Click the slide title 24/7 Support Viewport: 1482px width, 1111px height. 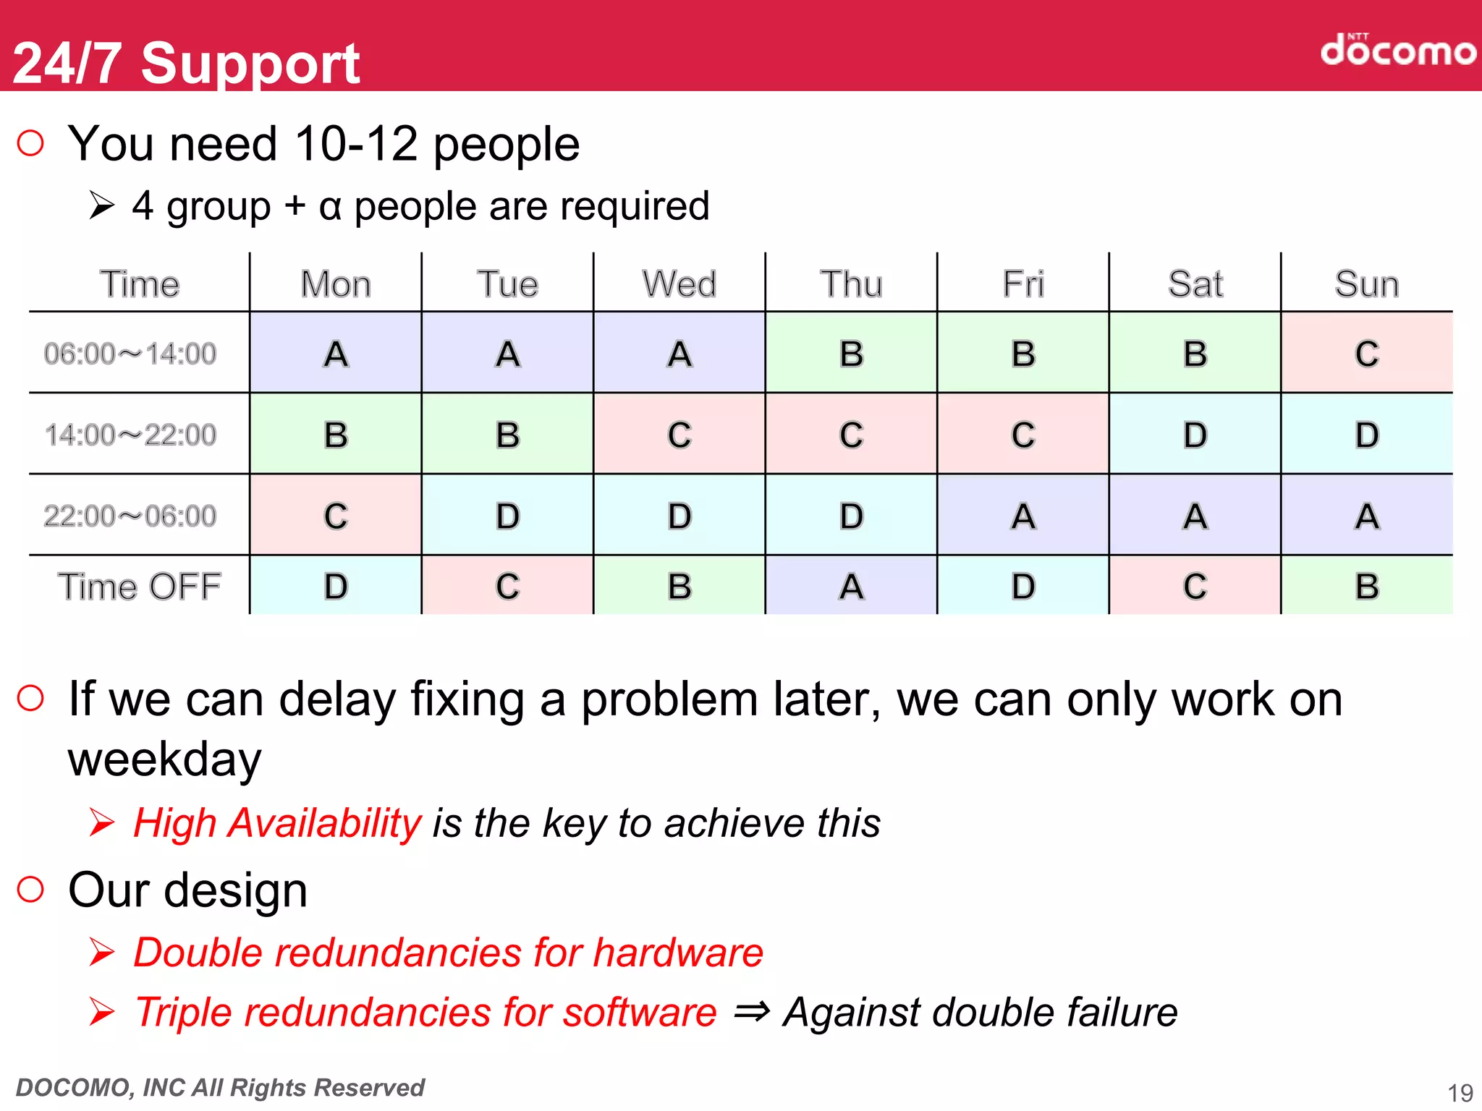click(x=186, y=64)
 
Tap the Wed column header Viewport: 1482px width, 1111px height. click(x=679, y=284)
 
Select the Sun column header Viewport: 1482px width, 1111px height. click(x=1366, y=284)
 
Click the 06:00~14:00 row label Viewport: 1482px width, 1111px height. click(x=130, y=354)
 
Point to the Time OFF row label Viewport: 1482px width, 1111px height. click(x=139, y=586)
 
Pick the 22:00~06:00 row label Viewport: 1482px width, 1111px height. click(x=130, y=516)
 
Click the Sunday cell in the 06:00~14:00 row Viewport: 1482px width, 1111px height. click(x=1366, y=354)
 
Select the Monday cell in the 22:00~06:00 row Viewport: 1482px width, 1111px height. click(x=335, y=516)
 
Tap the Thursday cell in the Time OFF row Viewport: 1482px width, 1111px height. click(x=851, y=586)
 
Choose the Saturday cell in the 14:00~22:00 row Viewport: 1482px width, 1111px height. click(x=1195, y=435)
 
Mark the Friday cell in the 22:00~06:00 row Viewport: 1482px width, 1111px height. click(x=1022, y=516)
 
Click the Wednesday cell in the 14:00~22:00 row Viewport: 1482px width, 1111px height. click(x=679, y=435)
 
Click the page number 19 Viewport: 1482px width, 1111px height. click(x=1460, y=1092)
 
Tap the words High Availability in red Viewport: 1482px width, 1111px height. click(x=277, y=823)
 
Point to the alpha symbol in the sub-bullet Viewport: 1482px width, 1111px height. click(x=329, y=207)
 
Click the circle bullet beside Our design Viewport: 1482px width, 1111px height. click(x=30, y=889)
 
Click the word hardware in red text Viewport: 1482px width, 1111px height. click(x=678, y=952)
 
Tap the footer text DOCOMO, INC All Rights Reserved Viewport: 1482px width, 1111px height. click(x=220, y=1087)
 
